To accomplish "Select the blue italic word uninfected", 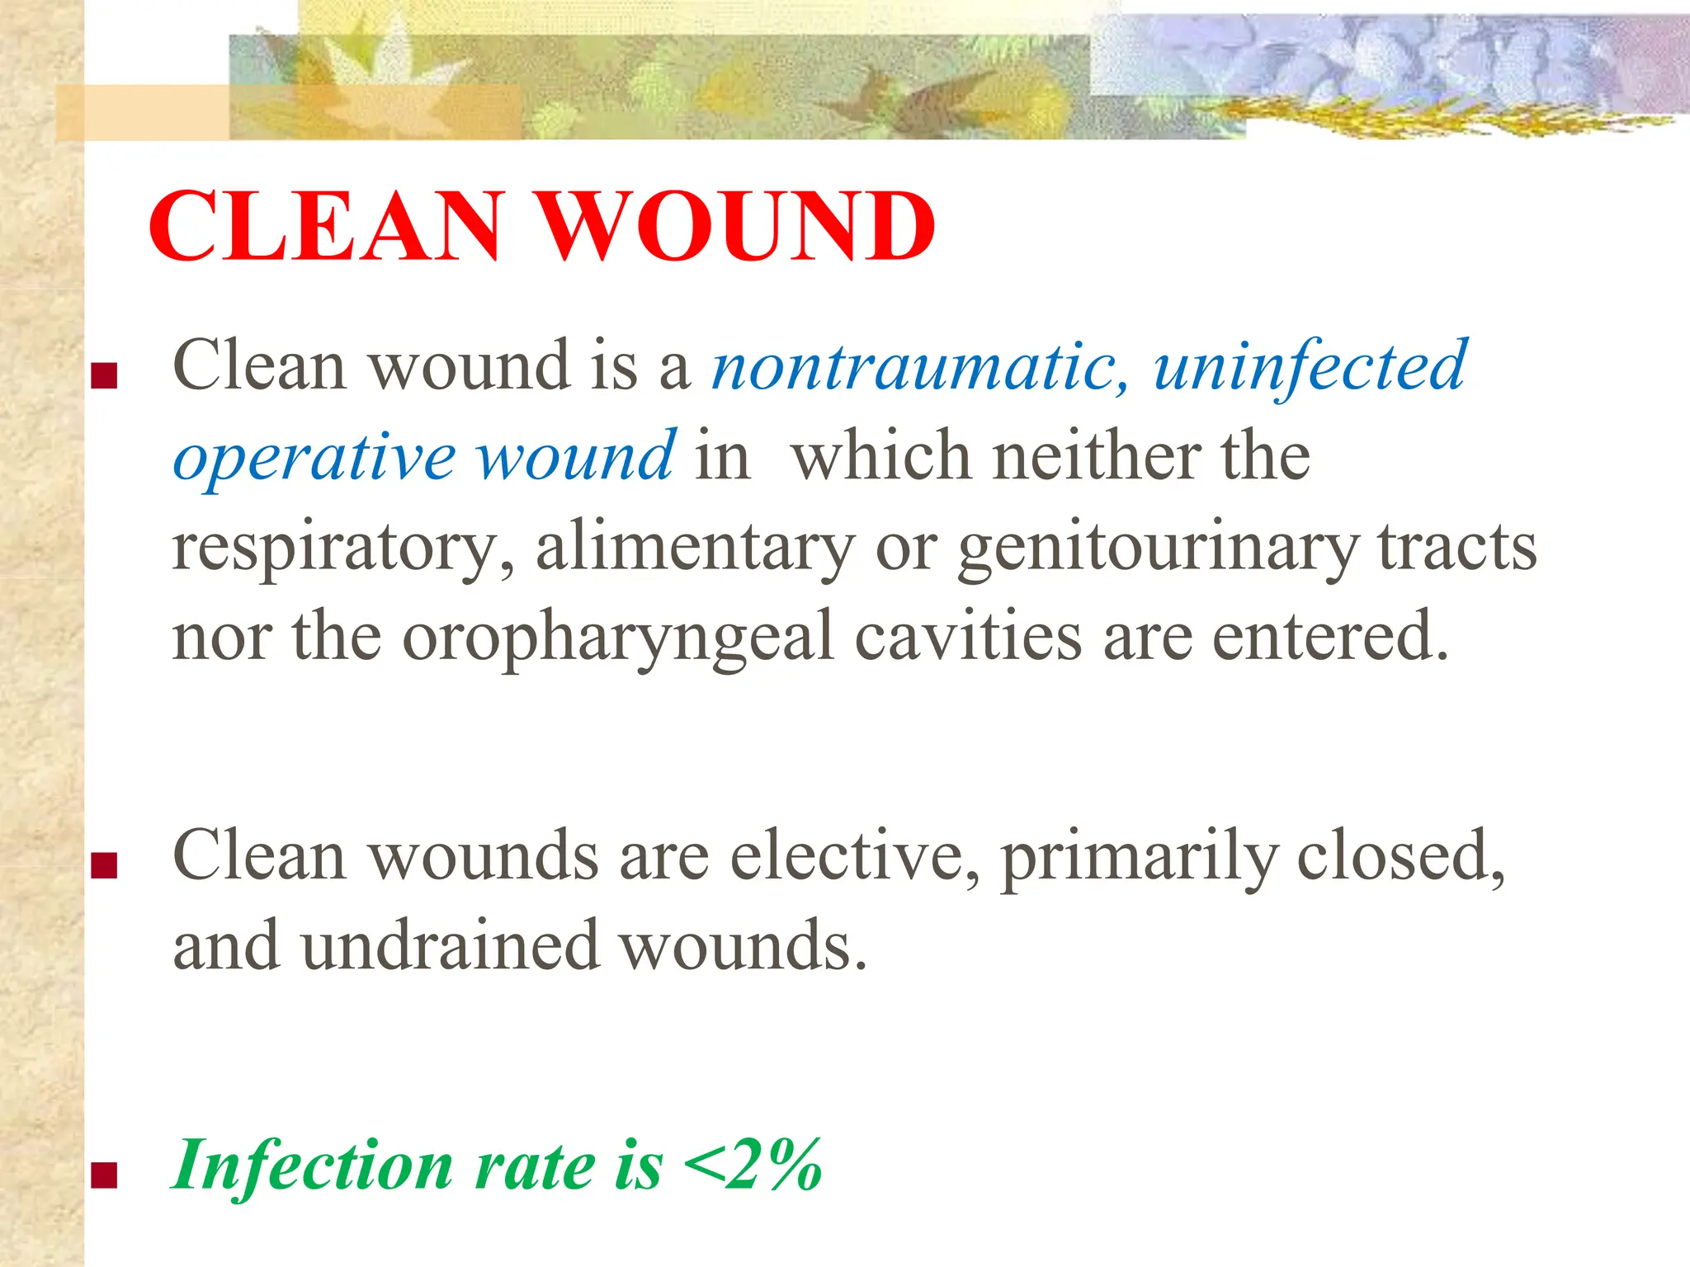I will (x=1310, y=366).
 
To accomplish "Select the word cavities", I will (x=966, y=637).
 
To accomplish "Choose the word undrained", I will (x=449, y=946).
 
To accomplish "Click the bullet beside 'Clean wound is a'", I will (x=104, y=377).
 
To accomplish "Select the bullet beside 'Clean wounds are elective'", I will (x=104, y=866).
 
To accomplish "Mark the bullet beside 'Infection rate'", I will (x=104, y=1175).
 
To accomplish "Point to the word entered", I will (x=1329, y=637).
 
